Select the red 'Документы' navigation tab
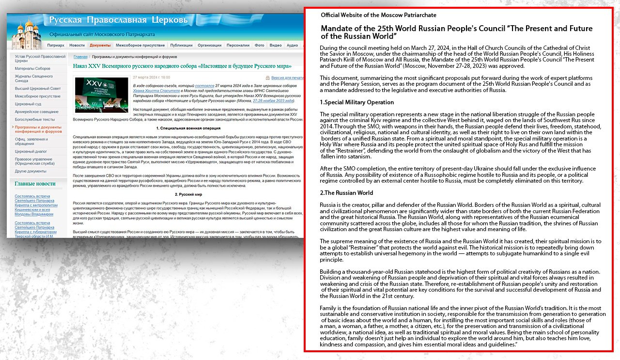pos(100,45)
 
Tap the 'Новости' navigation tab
pos(77,45)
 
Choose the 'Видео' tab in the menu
pos(276,45)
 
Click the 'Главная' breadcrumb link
pos(80,57)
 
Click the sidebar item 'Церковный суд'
pos(28,104)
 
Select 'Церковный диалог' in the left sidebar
pos(31,151)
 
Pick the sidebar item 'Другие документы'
pos(31,171)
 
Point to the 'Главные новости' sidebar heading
pos(35,184)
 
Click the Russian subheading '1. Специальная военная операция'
pos(188,128)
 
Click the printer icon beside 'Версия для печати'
pos(267,78)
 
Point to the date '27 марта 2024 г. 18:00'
pos(151,77)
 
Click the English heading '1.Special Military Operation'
pos(356,102)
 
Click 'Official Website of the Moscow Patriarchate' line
pos(378,15)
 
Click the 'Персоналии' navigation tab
pos(238,45)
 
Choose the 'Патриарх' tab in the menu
pos(55,45)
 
